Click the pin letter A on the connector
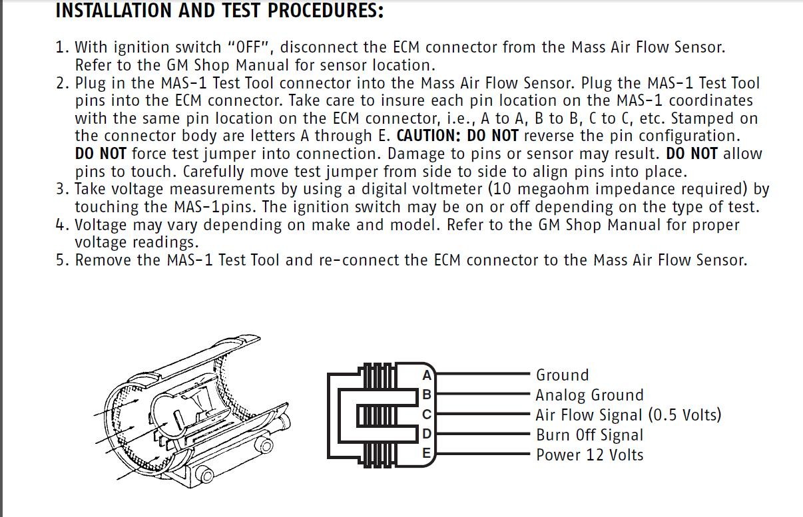tap(427, 375)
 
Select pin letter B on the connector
tap(427, 395)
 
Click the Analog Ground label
tap(589, 395)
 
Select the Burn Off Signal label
tap(589, 435)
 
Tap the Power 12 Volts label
tap(589, 455)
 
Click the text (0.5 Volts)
tap(685, 415)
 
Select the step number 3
tap(61, 189)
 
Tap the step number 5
tap(61, 259)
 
